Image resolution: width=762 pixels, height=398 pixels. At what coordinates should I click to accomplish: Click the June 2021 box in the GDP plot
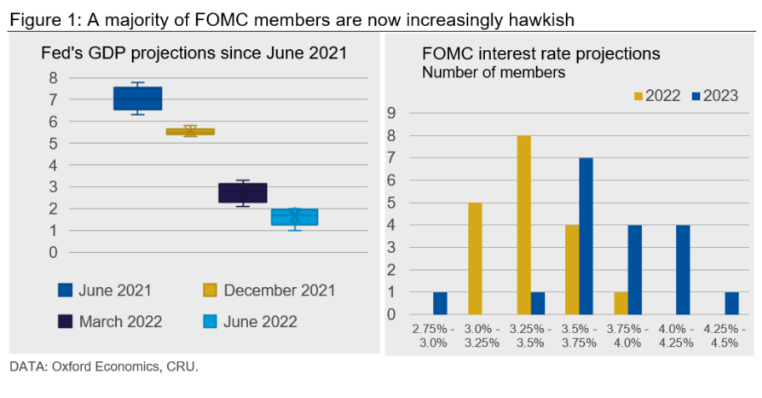[x=138, y=98]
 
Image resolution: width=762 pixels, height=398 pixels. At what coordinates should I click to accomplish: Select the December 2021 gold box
[x=190, y=131]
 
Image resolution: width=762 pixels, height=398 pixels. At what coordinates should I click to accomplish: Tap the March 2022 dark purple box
[x=243, y=193]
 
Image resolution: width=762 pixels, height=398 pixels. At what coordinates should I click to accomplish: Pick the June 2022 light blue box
[x=295, y=217]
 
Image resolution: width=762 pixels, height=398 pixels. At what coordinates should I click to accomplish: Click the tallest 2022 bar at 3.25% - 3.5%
[x=524, y=224]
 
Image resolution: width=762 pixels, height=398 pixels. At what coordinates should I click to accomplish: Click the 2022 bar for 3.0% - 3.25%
[x=476, y=259]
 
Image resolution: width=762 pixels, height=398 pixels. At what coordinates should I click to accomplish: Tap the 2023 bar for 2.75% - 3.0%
[x=441, y=304]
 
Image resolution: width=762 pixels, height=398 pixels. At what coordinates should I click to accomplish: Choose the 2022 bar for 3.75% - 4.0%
[x=620, y=304]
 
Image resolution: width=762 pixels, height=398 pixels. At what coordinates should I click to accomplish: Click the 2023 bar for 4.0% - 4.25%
[x=682, y=270]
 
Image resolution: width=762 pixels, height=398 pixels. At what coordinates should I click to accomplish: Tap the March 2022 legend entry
[x=111, y=321]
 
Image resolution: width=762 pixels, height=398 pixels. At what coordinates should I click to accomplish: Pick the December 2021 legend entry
[x=269, y=290]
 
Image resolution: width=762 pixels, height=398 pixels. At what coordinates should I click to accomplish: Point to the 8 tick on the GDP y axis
[x=53, y=78]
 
